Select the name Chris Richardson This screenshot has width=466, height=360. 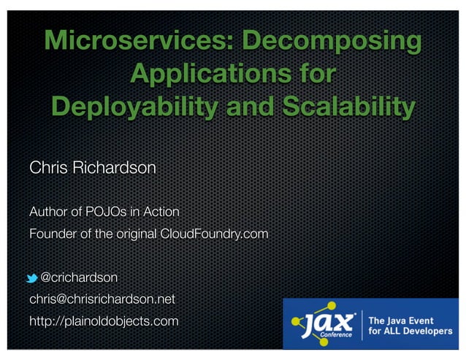tap(92, 168)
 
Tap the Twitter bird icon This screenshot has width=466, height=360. tap(33, 278)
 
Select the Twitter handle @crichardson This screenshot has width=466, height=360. tap(79, 277)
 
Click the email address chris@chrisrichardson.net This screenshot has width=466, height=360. tap(102, 299)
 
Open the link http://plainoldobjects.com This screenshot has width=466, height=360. tap(104, 321)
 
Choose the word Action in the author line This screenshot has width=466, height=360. tap(161, 212)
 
